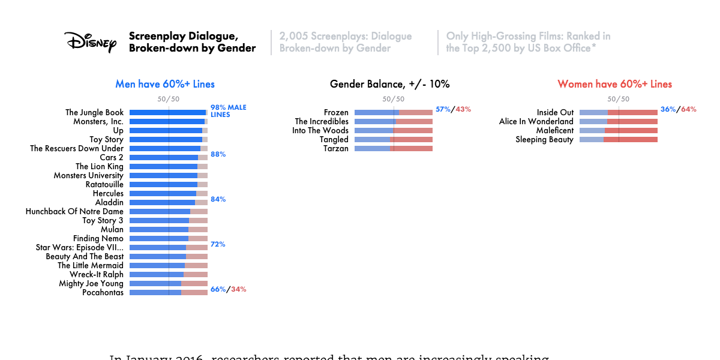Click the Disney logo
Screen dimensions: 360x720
90,42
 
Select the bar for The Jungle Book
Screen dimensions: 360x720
168,112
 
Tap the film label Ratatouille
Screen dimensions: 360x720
104,184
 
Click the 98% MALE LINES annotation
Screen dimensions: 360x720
228,111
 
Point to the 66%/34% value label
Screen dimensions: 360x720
228,289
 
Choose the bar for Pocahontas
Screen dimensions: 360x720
168,292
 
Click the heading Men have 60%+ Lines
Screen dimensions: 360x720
165,84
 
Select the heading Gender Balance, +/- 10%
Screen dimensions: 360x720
389,84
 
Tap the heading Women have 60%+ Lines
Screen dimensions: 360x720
614,84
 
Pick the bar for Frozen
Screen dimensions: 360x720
393,112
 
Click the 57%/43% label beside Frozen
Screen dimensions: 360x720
453,109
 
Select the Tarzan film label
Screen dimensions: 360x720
336,148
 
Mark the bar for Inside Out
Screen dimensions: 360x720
618,112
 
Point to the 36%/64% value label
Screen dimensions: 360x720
678,109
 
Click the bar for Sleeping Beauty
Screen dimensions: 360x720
618,139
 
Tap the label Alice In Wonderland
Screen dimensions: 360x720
536,121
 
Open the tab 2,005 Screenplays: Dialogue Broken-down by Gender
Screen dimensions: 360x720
346,42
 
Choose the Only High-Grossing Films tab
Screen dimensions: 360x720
528,42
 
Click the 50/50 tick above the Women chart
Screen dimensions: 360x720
618,99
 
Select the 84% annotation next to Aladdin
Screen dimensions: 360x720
218,199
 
